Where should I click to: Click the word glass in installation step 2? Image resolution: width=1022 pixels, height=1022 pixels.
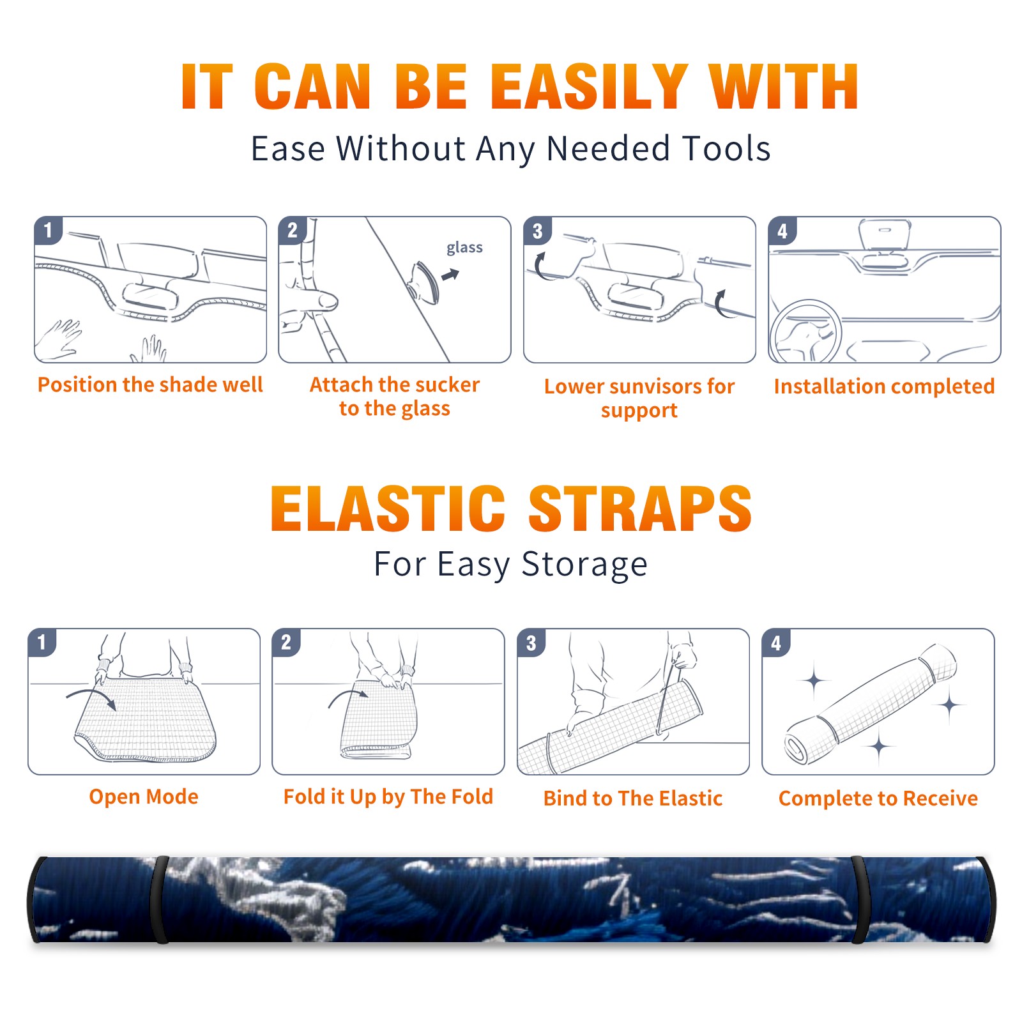pyautogui.click(x=464, y=248)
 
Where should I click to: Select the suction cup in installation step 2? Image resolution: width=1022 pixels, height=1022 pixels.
pyautogui.click(x=424, y=282)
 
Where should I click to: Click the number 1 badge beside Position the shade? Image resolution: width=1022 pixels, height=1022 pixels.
pyautogui.click(x=48, y=230)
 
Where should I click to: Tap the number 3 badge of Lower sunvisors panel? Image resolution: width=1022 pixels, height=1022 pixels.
pyautogui.click(x=537, y=231)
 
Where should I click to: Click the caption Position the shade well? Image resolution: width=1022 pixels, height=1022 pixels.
pyautogui.click(x=150, y=385)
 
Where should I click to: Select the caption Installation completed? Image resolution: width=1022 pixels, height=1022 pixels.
pyautogui.click(x=884, y=386)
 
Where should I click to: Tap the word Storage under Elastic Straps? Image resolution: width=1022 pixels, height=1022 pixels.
pyautogui.click(x=584, y=565)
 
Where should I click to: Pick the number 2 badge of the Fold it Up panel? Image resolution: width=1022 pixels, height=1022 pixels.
pyautogui.click(x=286, y=642)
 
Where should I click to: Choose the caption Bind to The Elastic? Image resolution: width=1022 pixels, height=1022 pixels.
pyautogui.click(x=633, y=798)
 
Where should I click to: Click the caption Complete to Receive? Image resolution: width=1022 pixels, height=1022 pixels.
pyautogui.click(x=878, y=798)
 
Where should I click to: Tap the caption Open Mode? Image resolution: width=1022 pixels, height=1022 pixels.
pyautogui.click(x=144, y=797)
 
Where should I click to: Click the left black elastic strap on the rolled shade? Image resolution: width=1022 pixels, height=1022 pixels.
pyautogui.click(x=160, y=900)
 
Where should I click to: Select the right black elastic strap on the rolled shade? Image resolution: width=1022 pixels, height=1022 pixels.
pyautogui.click(x=860, y=900)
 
